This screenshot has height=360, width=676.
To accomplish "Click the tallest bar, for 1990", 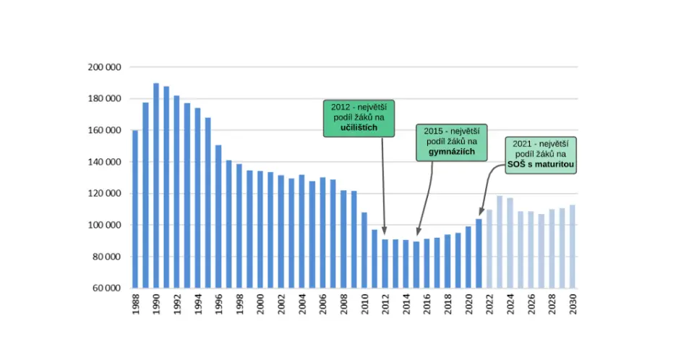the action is coord(156,185).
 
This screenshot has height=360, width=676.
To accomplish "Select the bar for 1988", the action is coord(135,209).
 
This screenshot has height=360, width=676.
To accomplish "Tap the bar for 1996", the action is coord(218,216).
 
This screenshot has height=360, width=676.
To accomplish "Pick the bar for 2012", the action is coord(385,263).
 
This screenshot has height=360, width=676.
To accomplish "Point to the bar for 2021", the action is coord(479,254).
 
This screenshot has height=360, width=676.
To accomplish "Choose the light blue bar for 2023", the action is coord(500,242).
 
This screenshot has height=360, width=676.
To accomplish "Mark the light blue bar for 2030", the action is coord(573,247).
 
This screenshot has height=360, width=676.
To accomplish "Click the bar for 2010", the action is coord(364,250).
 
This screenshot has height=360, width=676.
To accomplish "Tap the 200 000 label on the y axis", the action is coord(105,67).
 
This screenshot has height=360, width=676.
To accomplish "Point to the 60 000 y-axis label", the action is coord(106,288).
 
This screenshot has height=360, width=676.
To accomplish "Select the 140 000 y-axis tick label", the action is coord(105,162).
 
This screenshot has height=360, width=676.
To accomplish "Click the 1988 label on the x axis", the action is coord(136,304).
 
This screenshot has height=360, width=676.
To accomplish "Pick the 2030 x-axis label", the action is coord(573,304).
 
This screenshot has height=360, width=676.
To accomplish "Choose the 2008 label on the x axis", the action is coord(344,304).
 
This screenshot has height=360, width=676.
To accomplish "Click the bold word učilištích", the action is coord(359,128).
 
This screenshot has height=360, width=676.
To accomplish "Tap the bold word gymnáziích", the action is coord(451,152).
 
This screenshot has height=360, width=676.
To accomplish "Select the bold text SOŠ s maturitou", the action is coord(541,164).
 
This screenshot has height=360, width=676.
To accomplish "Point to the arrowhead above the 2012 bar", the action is coord(385,231).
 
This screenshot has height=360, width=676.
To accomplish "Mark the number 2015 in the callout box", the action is coord(433,131).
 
